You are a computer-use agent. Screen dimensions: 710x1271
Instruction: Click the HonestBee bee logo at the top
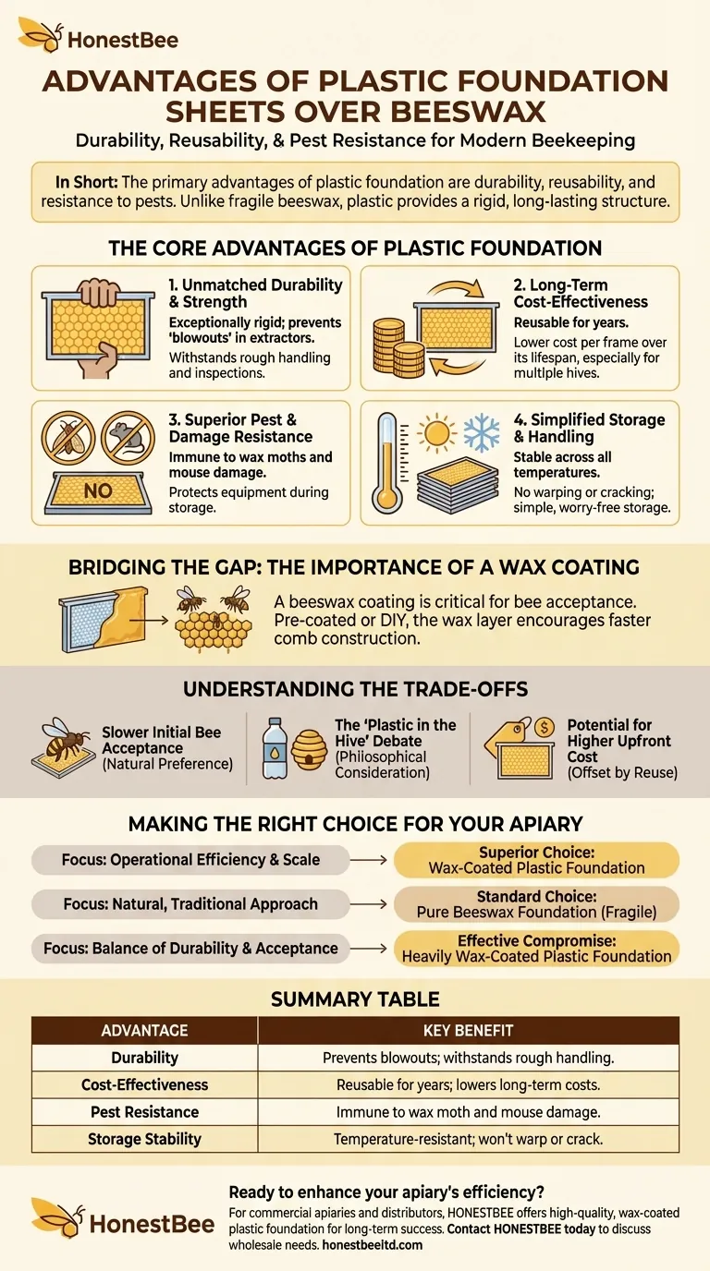click(x=41, y=35)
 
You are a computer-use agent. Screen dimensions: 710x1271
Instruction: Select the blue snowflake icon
click(x=481, y=433)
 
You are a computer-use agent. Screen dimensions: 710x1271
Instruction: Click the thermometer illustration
click(x=387, y=463)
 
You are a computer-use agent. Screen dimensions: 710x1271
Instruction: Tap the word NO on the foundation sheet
click(x=98, y=490)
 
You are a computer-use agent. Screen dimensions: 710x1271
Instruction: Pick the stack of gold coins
click(x=398, y=348)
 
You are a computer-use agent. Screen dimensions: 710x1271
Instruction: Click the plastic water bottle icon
click(x=275, y=748)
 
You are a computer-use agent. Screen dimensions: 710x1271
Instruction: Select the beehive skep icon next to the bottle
click(x=309, y=749)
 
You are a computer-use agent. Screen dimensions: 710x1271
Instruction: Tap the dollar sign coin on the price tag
click(x=545, y=727)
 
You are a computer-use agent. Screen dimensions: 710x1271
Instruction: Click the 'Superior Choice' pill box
click(x=536, y=860)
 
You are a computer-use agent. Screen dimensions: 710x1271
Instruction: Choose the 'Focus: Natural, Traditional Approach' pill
click(x=190, y=904)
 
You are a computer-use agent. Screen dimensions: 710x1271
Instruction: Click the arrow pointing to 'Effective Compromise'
click(x=368, y=948)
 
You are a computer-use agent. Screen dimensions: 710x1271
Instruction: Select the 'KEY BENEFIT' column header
click(x=468, y=1031)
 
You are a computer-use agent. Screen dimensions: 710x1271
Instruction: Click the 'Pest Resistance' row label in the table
click(x=145, y=1111)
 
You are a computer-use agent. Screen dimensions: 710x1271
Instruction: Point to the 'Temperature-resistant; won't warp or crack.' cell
click(x=468, y=1139)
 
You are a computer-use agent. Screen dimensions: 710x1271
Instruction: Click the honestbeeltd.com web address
click(x=372, y=1245)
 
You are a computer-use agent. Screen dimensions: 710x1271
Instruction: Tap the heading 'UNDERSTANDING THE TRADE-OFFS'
click(x=356, y=689)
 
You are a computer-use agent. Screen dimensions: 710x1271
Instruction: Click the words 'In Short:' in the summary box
click(x=86, y=182)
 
